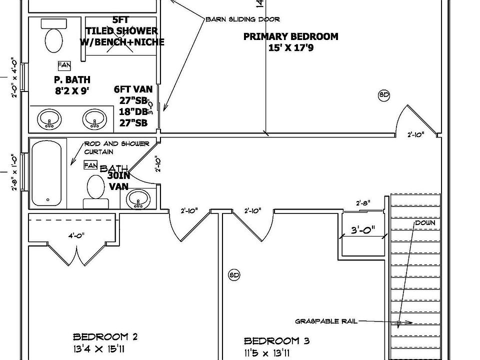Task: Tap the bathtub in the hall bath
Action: (47, 173)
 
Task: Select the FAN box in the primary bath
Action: (64, 65)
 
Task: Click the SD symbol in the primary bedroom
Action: (383, 95)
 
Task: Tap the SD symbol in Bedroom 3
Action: (234, 274)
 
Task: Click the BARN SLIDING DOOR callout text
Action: (242, 19)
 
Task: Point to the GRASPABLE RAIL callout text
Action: (326, 321)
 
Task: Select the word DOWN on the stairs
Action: (424, 222)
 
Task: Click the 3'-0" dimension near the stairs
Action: (362, 231)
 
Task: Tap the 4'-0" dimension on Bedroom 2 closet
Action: (76, 235)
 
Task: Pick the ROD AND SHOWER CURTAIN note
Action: (116, 147)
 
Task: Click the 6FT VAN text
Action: (133, 90)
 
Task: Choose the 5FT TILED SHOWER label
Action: (121, 31)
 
